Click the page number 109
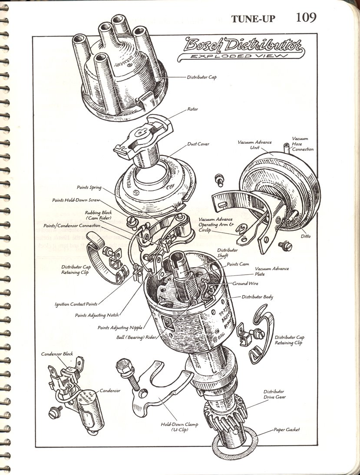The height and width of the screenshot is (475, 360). point(306,17)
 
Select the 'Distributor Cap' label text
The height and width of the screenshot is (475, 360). point(202,77)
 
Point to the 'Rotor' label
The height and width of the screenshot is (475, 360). point(192,109)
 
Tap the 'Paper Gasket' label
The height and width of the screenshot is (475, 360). point(287,429)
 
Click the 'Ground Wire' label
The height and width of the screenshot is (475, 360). point(246,283)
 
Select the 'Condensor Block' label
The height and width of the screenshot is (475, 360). point(57,354)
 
